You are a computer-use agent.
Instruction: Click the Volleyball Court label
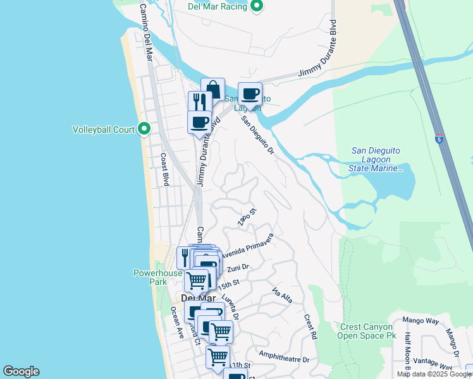click(104, 130)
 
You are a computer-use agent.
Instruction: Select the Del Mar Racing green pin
click(256, 6)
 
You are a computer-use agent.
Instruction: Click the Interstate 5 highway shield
click(439, 138)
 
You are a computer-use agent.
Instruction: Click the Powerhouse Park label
click(157, 277)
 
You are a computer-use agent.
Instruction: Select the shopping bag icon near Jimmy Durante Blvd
click(213, 88)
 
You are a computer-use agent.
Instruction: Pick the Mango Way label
click(423, 321)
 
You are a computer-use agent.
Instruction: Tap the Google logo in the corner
click(21, 371)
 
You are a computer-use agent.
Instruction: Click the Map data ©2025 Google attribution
click(434, 374)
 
